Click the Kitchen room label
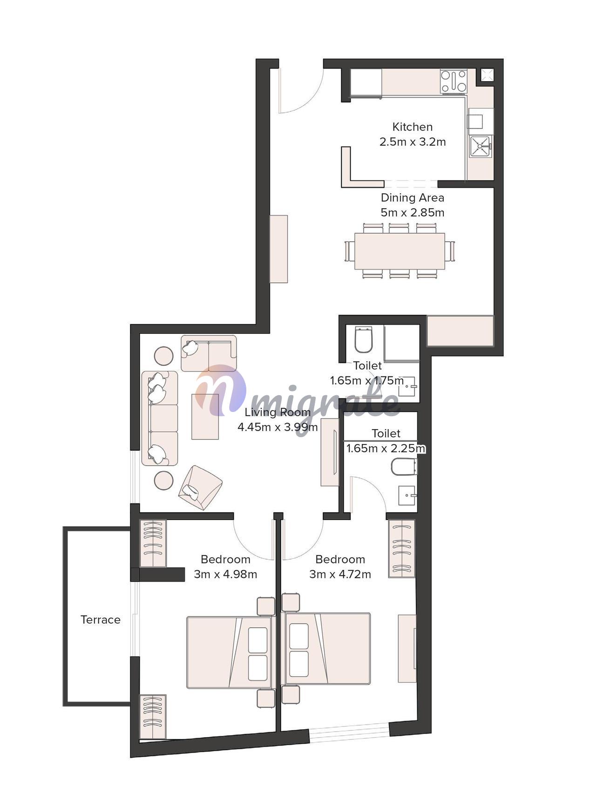412,127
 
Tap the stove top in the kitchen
454,81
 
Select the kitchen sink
481,146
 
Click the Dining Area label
412,198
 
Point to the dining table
400,251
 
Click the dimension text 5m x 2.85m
412,212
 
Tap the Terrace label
101,619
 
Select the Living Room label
278,412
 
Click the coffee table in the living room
205,416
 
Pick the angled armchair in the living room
200,487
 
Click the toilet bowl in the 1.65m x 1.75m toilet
364,339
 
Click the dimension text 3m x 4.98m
225,574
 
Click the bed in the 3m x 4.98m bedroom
229,652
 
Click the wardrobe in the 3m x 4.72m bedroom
401,548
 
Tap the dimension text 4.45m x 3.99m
278,427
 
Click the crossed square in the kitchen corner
487,75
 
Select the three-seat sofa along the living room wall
160,418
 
